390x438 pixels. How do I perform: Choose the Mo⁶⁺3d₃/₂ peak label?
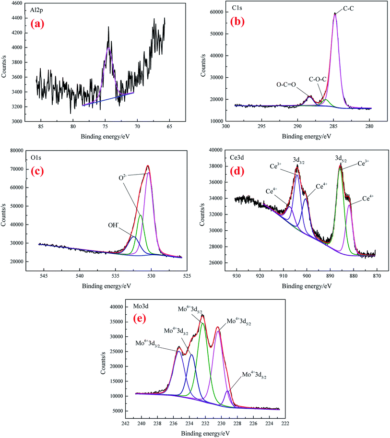pos(149,343)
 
